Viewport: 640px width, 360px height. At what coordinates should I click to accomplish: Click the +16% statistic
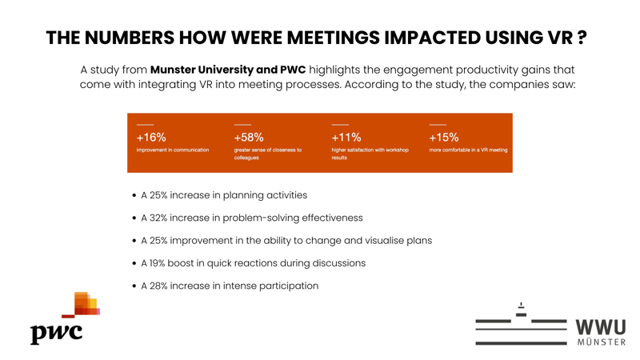click(x=151, y=138)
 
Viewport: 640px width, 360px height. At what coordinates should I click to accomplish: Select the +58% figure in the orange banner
click(x=249, y=138)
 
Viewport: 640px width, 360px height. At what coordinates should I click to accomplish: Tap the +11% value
click(x=346, y=138)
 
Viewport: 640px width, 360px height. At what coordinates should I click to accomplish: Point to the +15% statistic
click(x=444, y=138)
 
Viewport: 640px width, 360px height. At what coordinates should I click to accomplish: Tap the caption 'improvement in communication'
click(x=173, y=150)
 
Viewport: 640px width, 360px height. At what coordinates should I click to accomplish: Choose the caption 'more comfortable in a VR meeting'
click(x=468, y=150)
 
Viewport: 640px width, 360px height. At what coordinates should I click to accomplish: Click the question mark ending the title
click(x=582, y=38)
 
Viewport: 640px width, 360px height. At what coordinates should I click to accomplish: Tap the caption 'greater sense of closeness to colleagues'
click(x=267, y=154)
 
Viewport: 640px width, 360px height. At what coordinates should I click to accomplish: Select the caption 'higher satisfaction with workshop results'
click(x=370, y=154)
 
